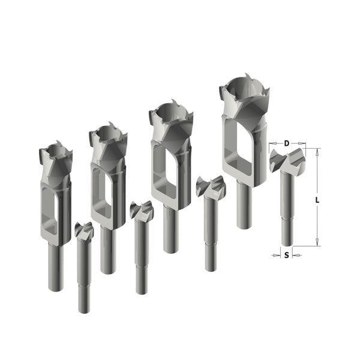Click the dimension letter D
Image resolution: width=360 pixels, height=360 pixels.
pos(287,143)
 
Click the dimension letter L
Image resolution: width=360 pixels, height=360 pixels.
pos(317,200)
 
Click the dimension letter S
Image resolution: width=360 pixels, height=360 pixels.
pos(287,255)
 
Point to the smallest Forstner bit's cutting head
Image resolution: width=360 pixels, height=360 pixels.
pos(84,230)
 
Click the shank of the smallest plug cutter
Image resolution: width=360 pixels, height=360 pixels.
pos(56,268)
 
